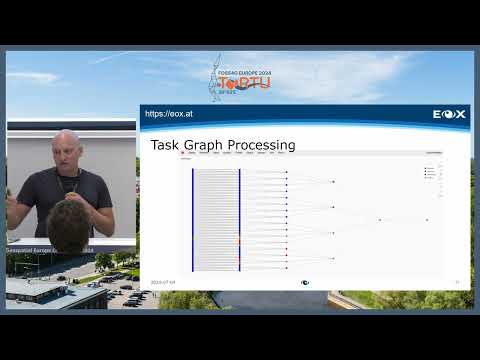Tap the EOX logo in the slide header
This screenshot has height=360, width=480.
[x=449, y=114]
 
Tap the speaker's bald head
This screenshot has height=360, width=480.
[x=66, y=144]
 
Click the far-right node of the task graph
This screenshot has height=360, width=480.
[x=427, y=219]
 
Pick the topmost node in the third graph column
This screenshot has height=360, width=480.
[x=333, y=181]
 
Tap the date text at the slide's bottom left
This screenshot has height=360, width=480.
[x=164, y=282]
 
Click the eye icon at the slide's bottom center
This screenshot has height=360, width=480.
[x=305, y=282]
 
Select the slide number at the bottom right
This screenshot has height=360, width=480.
[x=458, y=282]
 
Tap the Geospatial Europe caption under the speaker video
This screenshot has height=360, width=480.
[x=40, y=250]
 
